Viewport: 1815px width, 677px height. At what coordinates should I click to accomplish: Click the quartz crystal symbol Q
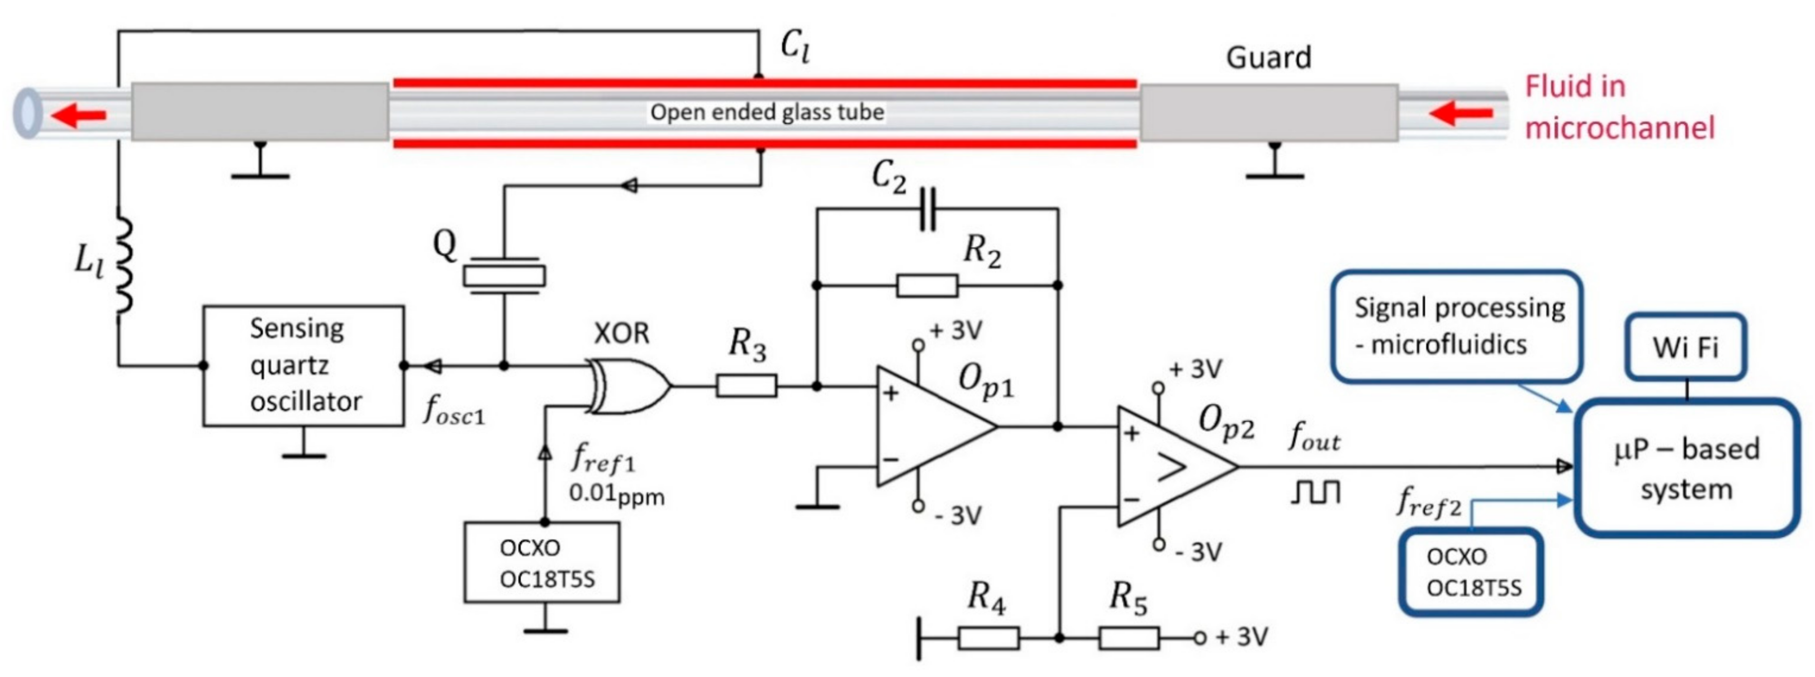(x=504, y=275)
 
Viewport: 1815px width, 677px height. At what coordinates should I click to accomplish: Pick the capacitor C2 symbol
(x=927, y=209)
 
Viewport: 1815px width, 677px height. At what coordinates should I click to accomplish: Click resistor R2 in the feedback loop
(x=927, y=285)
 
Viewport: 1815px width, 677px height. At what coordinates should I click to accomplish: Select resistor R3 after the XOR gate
(x=746, y=386)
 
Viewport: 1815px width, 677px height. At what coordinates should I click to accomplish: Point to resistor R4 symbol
(x=988, y=638)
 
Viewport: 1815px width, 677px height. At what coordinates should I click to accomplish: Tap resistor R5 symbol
(x=1129, y=638)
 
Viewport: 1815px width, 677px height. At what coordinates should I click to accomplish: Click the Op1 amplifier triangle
(x=930, y=426)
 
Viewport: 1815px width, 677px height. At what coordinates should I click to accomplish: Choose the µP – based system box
(x=1686, y=469)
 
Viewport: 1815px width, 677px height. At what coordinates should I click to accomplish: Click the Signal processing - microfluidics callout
(x=1457, y=326)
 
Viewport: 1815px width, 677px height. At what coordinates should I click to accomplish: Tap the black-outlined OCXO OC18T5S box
(x=541, y=562)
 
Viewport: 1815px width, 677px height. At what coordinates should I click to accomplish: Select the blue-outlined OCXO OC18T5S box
(x=1471, y=572)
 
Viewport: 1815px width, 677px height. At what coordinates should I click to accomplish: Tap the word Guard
(x=1268, y=57)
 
